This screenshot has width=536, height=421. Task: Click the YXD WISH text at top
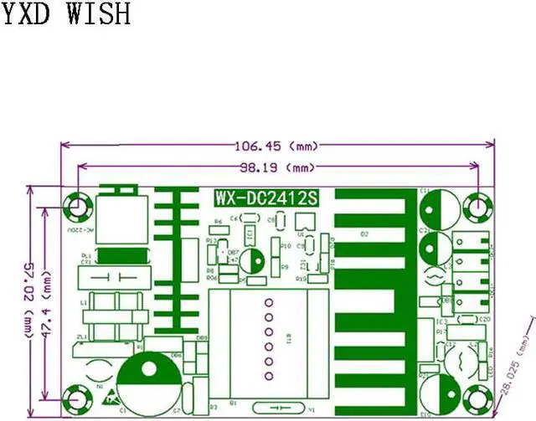(65, 13)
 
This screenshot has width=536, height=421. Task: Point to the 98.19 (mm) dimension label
(277, 166)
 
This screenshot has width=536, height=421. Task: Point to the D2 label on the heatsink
(364, 234)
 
